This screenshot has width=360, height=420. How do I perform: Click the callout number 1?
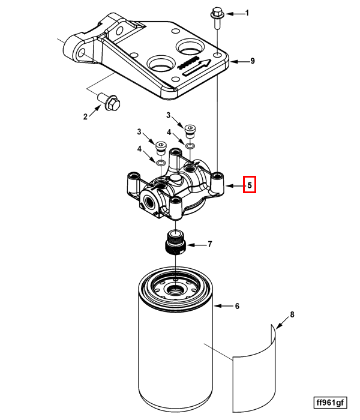246,13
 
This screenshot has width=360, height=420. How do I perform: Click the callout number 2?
85,116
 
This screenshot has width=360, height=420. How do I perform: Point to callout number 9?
253,61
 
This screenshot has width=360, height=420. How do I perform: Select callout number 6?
237,307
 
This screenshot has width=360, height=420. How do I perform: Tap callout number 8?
292,314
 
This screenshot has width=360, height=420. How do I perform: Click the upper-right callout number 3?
169,115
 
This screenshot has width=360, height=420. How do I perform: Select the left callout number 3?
139,132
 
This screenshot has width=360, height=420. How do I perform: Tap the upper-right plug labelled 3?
191,130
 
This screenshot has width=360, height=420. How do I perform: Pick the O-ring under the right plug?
190,146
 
